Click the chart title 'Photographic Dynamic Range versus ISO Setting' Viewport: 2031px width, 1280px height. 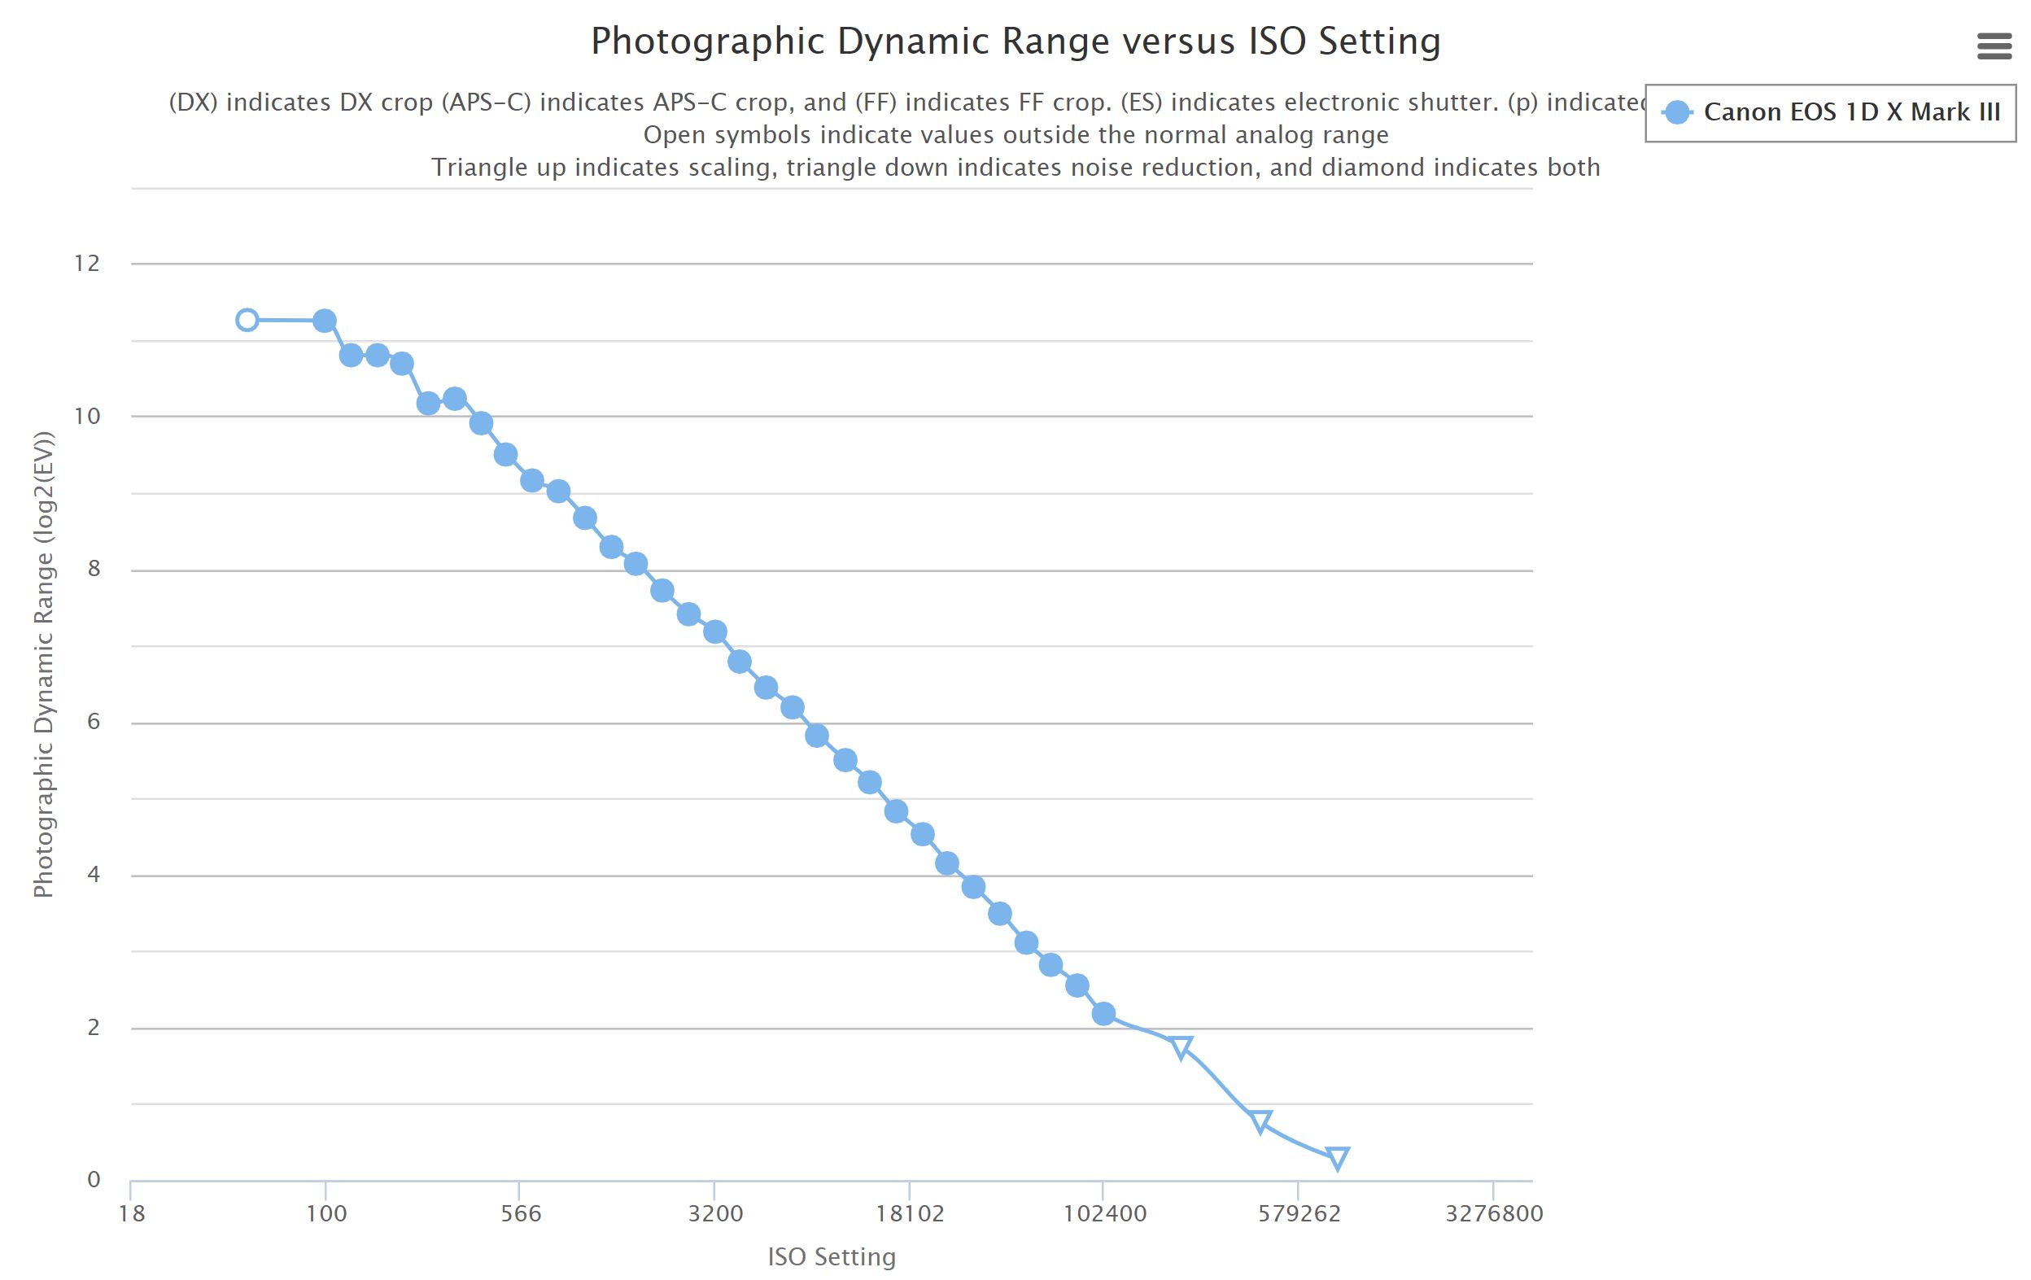point(1016,42)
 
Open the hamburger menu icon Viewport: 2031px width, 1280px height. point(1994,46)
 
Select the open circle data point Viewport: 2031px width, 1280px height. point(247,321)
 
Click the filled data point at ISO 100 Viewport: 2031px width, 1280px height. point(325,321)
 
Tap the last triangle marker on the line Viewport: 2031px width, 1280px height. point(1337,1158)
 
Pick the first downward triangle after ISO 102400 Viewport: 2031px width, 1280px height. point(1181,1047)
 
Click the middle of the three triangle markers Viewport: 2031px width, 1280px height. point(1260,1121)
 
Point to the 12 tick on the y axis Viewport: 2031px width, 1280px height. point(87,264)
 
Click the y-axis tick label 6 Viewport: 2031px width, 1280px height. point(93,722)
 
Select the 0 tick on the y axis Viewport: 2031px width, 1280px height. point(94,1180)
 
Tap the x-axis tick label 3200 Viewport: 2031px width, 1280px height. point(715,1214)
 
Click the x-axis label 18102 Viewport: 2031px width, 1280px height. point(909,1214)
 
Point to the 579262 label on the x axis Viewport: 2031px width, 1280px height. point(1298,1214)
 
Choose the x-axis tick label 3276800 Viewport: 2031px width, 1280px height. point(1494,1214)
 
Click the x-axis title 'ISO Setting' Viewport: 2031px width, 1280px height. point(832,1257)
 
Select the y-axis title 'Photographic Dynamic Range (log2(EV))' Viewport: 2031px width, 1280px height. point(43,666)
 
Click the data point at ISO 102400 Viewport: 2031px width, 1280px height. point(1103,1014)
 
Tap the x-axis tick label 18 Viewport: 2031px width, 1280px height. point(132,1214)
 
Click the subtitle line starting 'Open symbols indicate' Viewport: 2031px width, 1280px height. point(1016,135)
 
